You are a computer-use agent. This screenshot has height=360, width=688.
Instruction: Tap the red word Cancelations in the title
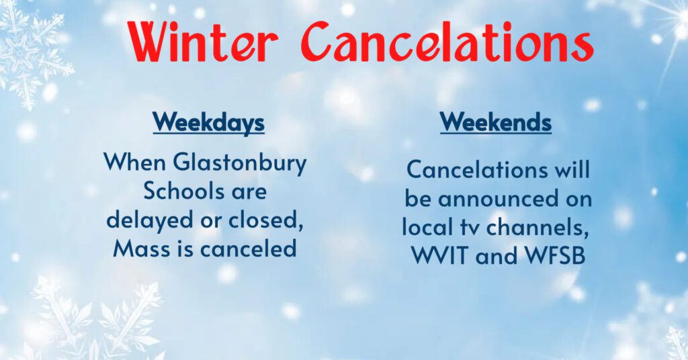click(x=446, y=42)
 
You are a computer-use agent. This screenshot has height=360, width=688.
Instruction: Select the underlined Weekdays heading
click(x=208, y=123)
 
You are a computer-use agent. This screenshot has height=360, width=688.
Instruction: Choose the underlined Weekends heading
click(x=496, y=123)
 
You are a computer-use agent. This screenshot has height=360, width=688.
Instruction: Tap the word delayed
click(x=143, y=220)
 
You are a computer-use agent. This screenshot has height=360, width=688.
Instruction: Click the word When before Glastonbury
click(x=134, y=163)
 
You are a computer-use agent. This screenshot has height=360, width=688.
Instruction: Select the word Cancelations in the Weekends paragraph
click(x=475, y=170)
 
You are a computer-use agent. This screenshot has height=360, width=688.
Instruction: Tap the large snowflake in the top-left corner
click(x=30, y=50)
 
